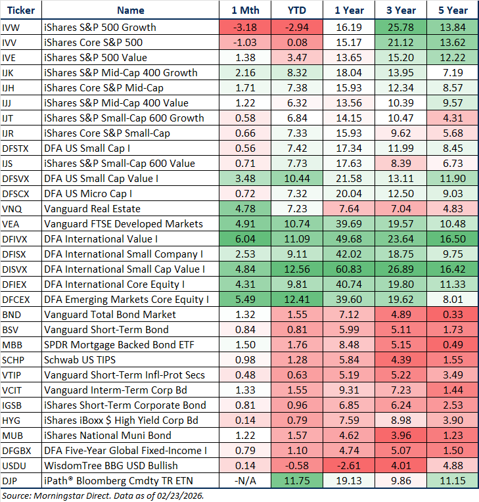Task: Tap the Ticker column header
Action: [20, 11]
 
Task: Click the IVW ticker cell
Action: [11, 27]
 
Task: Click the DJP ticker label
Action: [10, 480]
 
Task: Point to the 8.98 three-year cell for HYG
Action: [401, 420]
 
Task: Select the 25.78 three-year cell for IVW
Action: [401, 27]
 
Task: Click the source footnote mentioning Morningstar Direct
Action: [104, 495]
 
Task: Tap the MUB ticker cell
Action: [12, 435]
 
